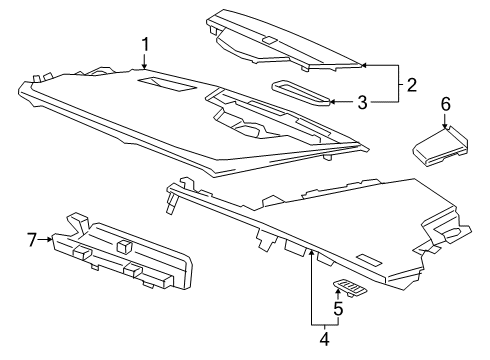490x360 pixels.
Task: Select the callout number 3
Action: pyautogui.click(x=363, y=101)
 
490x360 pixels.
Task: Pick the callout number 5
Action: pyautogui.click(x=337, y=309)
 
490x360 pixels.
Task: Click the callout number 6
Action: pyautogui.click(x=446, y=103)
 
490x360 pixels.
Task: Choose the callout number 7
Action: pyautogui.click(x=31, y=239)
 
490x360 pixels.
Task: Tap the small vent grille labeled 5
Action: pyautogui.click(x=350, y=288)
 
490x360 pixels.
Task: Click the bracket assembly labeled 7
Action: pyautogui.click(x=125, y=256)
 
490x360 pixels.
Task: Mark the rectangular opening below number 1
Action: pyautogui.click(x=162, y=84)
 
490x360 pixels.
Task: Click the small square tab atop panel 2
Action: pyautogui.click(x=269, y=41)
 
